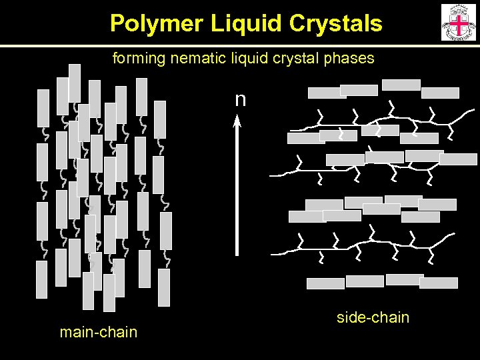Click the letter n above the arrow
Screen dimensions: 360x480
pyautogui.click(x=240, y=100)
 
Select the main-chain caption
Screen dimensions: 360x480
pyautogui.click(x=98, y=332)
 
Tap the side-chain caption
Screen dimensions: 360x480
pyautogui.click(x=373, y=317)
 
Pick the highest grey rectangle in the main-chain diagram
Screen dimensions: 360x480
pyautogui.click(x=75, y=83)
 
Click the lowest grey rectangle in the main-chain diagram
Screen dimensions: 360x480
pyautogui.click(x=109, y=293)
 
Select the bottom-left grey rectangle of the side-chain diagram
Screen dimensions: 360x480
pyautogui.click(x=325, y=283)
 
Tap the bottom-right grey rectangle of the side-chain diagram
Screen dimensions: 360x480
pyautogui.click(x=439, y=283)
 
